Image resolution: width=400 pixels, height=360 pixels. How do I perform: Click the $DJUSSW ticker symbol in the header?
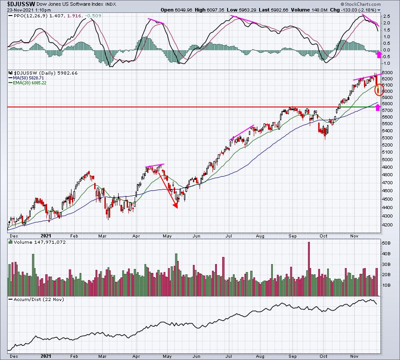(21, 4)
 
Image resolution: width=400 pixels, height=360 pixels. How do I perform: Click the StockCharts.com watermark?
(360, 4)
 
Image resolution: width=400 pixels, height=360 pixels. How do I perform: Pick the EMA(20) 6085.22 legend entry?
(30, 83)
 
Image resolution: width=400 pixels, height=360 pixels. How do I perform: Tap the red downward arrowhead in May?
(176, 206)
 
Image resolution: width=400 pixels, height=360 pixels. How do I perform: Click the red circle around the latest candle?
(379, 90)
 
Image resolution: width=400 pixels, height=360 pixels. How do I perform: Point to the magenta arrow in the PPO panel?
(379, 55)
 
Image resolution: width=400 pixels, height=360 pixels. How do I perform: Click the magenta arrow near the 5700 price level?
(378, 107)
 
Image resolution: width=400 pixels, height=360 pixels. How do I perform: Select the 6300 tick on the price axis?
(387, 73)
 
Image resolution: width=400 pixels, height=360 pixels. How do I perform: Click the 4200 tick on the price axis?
(387, 225)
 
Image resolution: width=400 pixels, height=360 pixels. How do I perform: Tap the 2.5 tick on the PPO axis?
(387, 16)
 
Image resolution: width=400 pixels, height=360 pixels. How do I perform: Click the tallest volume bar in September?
(309, 269)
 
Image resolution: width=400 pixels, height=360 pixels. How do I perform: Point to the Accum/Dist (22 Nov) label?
(39, 299)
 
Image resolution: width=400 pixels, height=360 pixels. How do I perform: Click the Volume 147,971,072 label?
(40, 242)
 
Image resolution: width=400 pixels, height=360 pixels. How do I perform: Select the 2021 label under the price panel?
(46, 236)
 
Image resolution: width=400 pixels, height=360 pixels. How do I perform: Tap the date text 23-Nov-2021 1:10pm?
(29, 10)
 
